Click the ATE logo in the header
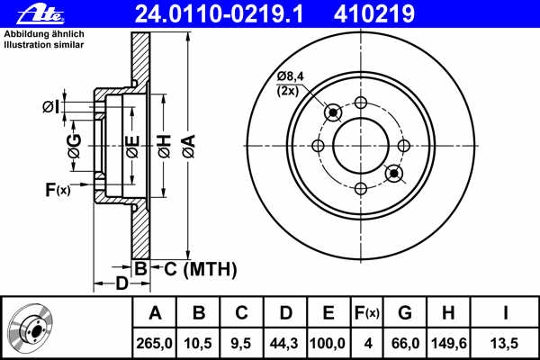pyautogui.click(x=40, y=15)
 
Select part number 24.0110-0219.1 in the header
pyautogui.click(x=219, y=13)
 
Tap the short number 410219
pyautogui.click(x=374, y=13)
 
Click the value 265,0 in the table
pyautogui.click(x=154, y=344)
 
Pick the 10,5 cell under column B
pyautogui.click(x=198, y=344)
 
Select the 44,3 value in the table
pyautogui.click(x=284, y=344)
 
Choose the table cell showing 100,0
pyautogui.click(x=328, y=344)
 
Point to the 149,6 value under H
pyautogui.click(x=449, y=344)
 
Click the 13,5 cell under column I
pyautogui.click(x=504, y=344)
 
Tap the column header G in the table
pyautogui.click(x=405, y=313)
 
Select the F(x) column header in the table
pyautogui.click(x=367, y=313)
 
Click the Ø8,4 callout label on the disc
pyautogui.click(x=291, y=76)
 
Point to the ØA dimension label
pyautogui.click(x=189, y=147)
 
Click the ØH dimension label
pyautogui.click(x=164, y=147)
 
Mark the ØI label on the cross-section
pyautogui.click(x=51, y=107)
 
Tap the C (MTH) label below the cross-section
pyautogui.click(x=201, y=269)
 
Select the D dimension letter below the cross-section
pyautogui.click(x=121, y=283)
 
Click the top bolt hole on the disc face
pyautogui.click(x=361, y=103)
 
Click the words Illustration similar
pyautogui.click(x=44, y=45)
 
